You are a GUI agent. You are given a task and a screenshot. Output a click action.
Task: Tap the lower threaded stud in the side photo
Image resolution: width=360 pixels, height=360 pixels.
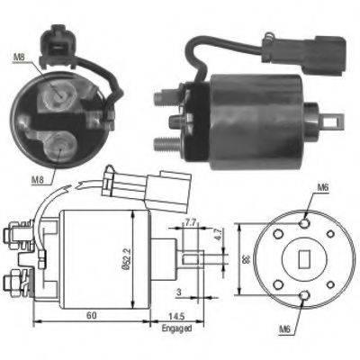pos(165,141)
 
